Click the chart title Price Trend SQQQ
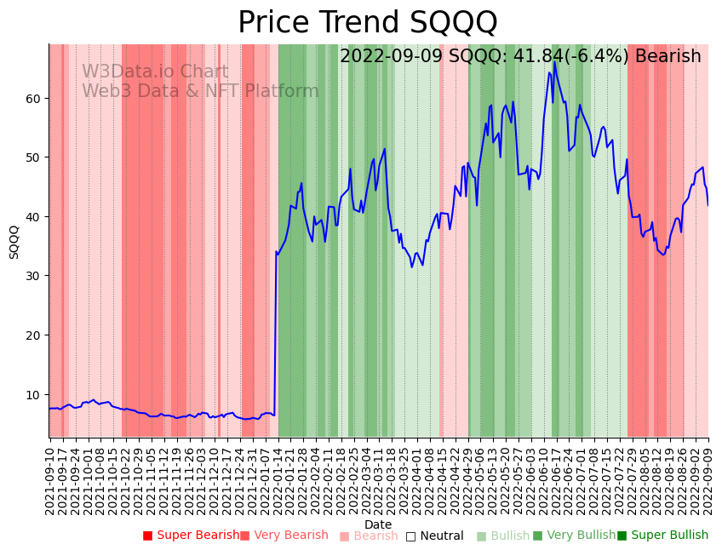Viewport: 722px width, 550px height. point(367,22)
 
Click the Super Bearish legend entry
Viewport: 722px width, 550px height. point(191,536)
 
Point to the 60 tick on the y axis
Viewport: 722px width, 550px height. point(33,99)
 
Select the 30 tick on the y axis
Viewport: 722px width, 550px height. point(33,277)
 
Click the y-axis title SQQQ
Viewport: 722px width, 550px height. point(14,242)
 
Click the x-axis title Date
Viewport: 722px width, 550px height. point(378,524)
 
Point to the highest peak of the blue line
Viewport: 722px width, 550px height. point(554,61)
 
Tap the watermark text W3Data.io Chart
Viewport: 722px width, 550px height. point(155,72)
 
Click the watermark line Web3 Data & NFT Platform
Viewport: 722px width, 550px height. point(200,92)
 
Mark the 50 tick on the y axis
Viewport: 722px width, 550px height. point(33,158)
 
